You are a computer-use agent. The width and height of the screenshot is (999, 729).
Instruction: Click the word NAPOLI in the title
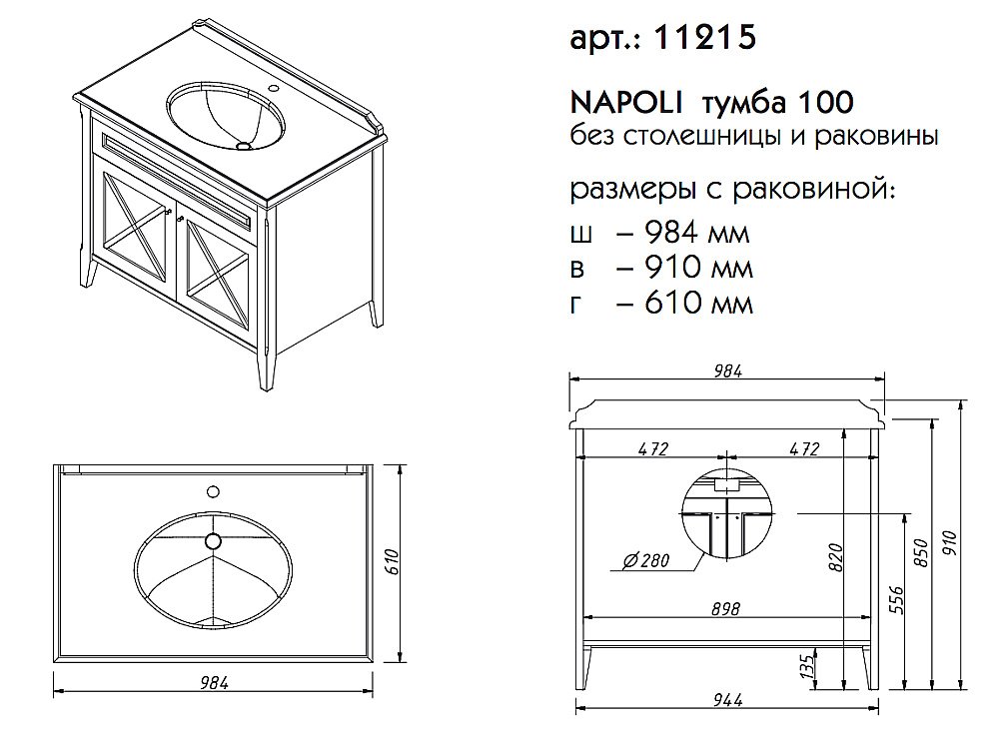coord(625,102)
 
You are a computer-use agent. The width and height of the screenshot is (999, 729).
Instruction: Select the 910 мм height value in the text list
coord(699,267)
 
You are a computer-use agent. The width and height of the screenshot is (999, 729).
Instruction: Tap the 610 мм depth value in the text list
coord(699,302)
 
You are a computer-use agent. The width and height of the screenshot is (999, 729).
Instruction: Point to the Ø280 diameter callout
coord(647,560)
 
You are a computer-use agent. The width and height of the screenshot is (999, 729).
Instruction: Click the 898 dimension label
coord(725,609)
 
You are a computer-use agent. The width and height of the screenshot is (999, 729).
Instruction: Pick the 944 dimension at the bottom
coord(727,700)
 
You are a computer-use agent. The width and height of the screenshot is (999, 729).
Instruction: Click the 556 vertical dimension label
coord(896,600)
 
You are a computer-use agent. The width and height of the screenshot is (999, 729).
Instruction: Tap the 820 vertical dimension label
coord(836,557)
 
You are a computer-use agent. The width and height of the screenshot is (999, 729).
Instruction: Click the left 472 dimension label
coord(653,448)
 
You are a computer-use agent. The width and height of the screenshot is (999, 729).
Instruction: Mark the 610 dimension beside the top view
coord(393,561)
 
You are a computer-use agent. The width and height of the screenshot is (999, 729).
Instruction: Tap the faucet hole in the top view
coord(214,491)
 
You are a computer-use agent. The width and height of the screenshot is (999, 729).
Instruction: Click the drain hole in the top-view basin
coord(213,541)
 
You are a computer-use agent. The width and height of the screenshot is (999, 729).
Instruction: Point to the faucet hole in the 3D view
coord(274,87)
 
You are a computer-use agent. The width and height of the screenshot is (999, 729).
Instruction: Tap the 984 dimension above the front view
coord(727,370)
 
